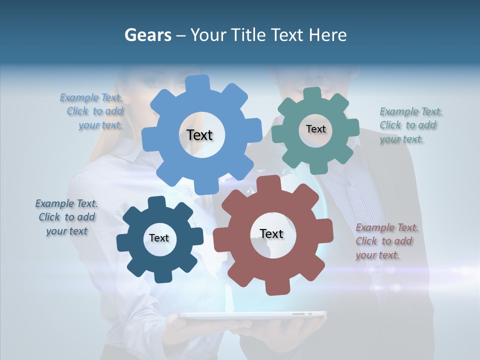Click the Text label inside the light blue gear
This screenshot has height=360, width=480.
(x=200, y=135)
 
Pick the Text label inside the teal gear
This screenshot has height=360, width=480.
(x=315, y=129)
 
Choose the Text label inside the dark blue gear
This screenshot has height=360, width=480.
(x=159, y=238)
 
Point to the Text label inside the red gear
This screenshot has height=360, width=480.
(x=271, y=233)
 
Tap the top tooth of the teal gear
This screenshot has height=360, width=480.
(x=312, y=94)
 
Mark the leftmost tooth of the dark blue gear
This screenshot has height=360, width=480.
(x=123, y=243)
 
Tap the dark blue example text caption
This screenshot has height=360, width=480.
(x=66, y=217)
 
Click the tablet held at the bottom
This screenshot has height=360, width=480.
(x=253, y=315)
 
